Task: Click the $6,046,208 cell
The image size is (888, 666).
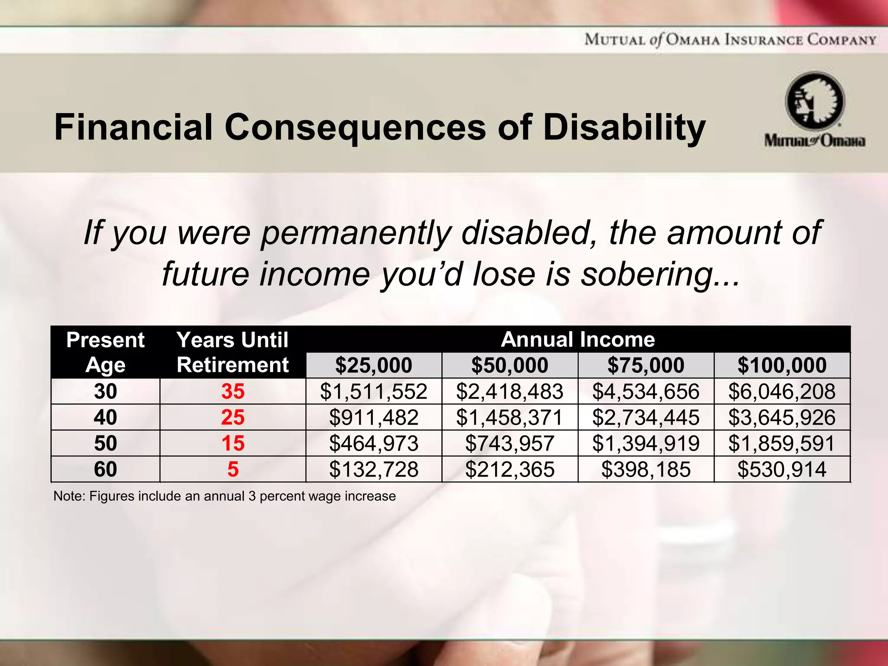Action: coord(782,392)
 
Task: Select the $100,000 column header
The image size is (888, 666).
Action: coord(782,365)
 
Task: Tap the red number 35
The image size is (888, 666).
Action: coord(233,392)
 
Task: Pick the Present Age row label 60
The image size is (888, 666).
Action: coord(105,470)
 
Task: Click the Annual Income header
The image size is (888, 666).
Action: coord(578,340)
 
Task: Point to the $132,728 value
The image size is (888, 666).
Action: coord(374,470)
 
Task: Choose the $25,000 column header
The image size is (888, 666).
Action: coord(374,365)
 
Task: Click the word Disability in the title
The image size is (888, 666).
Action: coord(624,127)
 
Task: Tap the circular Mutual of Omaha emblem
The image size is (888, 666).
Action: coord(815,101)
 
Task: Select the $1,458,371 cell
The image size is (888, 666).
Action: coord(509,418)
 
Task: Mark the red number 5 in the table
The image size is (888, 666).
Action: coord(233,470)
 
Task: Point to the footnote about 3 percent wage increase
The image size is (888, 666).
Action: coord(225,496)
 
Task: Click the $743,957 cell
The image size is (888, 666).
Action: coord(509,444)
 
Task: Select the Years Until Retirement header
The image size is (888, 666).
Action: coord(233,352)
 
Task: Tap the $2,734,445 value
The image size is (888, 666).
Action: coord(646,418)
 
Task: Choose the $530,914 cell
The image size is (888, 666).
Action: coord(782,470)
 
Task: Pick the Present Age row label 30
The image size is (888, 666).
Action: coord(105,392)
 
